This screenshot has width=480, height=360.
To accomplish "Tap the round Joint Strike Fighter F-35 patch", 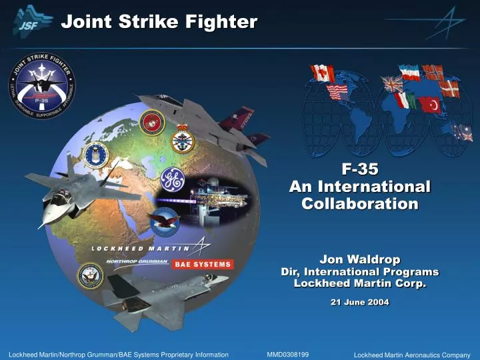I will coord(41,85).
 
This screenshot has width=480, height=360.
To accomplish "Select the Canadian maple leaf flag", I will coord(323,73).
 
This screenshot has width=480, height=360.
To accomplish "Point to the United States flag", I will coord(337,91).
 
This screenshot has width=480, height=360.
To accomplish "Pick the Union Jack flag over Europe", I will coord(392,84).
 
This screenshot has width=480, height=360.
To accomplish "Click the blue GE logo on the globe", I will coord(171,179).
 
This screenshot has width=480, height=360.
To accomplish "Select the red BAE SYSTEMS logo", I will coord(203,264).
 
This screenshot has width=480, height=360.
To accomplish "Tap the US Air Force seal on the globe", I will coord(96,155).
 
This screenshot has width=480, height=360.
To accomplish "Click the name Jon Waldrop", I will coord(359,259).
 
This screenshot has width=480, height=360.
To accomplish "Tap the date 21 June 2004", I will coord(360,302).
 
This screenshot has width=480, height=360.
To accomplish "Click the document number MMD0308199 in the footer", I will coord(287,353).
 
